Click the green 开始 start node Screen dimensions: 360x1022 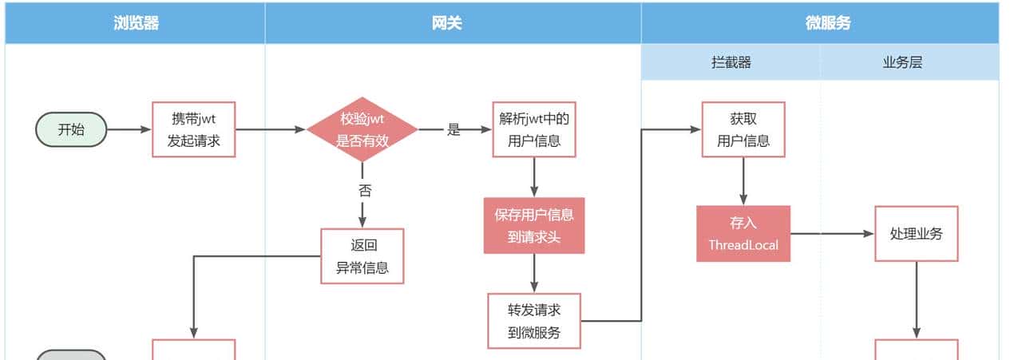point(71,129)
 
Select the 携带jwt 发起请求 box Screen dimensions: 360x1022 point(194,129)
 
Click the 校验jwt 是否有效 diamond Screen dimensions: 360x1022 point(362,129)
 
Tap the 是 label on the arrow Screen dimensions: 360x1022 point(454,129)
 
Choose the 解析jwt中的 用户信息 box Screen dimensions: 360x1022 point(534,129)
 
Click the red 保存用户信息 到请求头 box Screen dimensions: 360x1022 point(534,225)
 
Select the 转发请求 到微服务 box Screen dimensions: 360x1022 point(534,321)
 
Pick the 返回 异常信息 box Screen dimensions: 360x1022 point(362,256)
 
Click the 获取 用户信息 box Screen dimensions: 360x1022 point(743,129)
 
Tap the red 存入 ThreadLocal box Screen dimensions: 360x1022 point(743,234)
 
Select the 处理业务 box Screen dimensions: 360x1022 point(916,234)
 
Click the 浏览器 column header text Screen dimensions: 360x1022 point(136,23)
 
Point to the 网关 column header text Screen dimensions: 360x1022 point(453,23)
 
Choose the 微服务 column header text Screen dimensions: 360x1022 point(828,23)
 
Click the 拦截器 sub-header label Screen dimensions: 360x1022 point(731,62)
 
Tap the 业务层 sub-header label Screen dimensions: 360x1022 point(902,62)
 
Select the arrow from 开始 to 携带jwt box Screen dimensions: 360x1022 point(129,129)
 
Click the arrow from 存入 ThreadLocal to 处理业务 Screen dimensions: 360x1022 point(832,234)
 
